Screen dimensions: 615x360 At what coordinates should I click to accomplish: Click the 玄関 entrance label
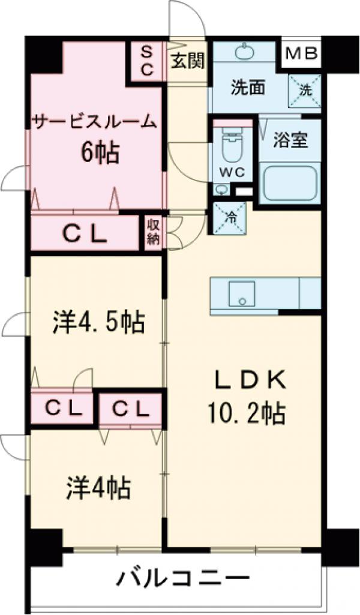click(187, 61)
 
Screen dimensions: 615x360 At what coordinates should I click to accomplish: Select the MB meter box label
click(302, 55)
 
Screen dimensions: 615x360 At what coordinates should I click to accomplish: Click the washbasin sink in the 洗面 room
click(245, 52)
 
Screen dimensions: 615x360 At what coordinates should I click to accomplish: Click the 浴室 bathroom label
click(291, 142)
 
